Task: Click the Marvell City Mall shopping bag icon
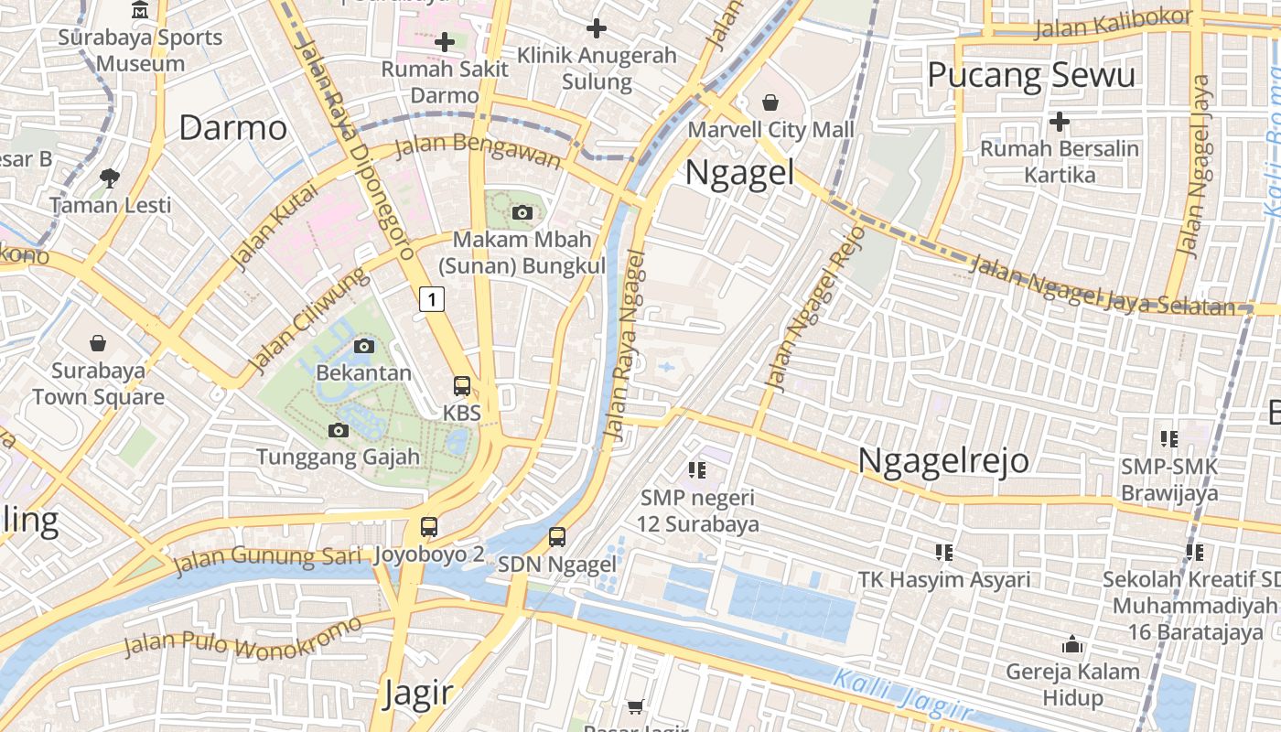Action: (x=770, y=102)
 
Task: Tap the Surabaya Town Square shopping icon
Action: (x=98, y=344)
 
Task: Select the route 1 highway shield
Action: (x=432, y=298)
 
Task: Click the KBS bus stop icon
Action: (x=462, y=386)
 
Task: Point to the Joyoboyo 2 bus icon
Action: (x=428, y=527)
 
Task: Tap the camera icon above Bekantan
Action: (x=363, y=346)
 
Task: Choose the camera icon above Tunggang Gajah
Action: (x=338, y=430)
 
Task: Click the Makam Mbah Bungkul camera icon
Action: (x=522, y=213)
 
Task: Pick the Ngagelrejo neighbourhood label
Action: (x=942, y=460)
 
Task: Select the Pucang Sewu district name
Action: (x=1031, y=75)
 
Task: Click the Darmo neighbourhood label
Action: (x=232, y=128)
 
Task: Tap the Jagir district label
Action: (x=417, y=693)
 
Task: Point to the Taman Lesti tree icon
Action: (x=110, y=178)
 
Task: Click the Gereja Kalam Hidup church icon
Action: (x=1072, y=645)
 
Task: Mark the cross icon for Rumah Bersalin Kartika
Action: (x=1060, y=121)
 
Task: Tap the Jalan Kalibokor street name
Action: (x=1113, y=24)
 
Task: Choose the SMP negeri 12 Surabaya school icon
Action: (x=697, y=470)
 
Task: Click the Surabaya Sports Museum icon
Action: (x=140, y=10)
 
